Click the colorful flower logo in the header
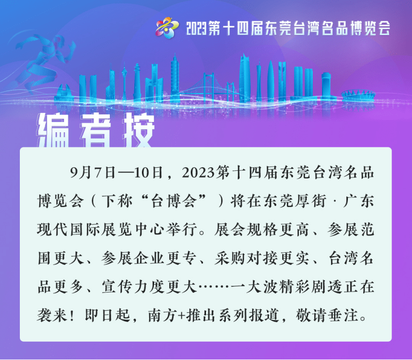click(x=167, y=27)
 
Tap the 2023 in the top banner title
click(x=197, y=28)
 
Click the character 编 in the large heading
click(x=54, y=131)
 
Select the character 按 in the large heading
click(x=138, y=131)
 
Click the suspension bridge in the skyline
click(x=210, y=85)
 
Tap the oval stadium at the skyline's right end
click(x=358, y=95)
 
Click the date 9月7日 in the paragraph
click(x=93, y=173)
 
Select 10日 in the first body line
click(x=148, y=173)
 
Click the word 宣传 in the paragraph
click(x=117, y=287)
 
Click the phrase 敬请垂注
click(x=327, y=316)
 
